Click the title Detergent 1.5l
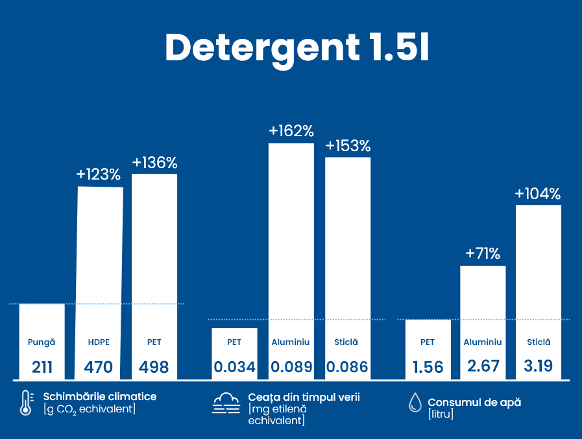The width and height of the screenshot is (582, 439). click(297, 47)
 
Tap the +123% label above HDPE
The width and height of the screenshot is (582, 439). click(99, 174)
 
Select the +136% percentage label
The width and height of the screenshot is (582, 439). click(154, 162)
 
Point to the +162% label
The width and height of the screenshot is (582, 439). click(291, 131)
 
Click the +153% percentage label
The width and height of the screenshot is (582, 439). click(348, 145)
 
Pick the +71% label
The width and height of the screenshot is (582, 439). click(483, 254)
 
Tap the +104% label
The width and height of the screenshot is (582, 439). click(538, 193)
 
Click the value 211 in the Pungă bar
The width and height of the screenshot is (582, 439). click(42, 368)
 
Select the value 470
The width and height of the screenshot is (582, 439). click(99, 368)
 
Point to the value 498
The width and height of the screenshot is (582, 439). click(154, 368)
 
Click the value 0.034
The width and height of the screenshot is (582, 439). click(235, 368)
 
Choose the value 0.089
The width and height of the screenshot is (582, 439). click(291, 368)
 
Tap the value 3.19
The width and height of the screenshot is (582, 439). click(538, 366)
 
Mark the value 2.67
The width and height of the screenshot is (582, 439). click(483, 366)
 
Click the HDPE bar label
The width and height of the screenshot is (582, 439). click(99, 342)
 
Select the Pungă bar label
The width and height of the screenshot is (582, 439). click(42, 342)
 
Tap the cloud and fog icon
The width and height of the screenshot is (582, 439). click(226, 403)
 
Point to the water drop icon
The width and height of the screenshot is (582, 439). click(415, 403)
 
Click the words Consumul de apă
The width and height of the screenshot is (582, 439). click(474, 402)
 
